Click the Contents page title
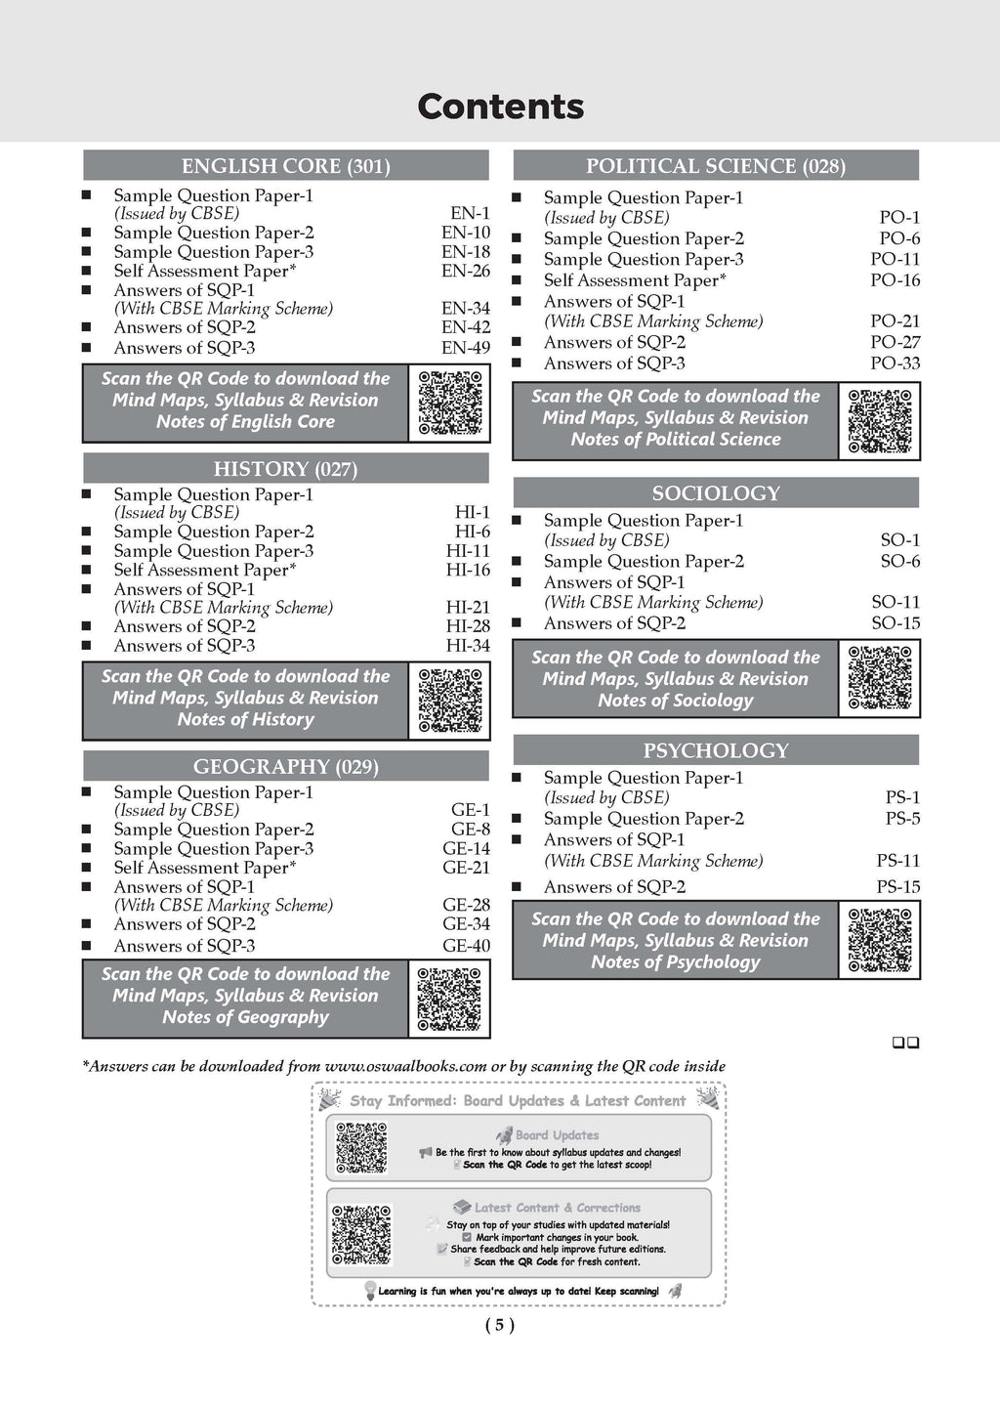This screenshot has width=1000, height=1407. tap(500, 107)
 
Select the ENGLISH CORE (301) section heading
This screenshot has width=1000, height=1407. tap(285, 166)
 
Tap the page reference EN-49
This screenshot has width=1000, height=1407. tap(466, 348)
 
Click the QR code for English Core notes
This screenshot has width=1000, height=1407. tap(450, 402)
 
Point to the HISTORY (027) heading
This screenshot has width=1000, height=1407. tap(285, 469)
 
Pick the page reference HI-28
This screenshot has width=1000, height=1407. tap(468, 626)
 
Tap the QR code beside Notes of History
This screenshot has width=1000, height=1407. tap(450, 700)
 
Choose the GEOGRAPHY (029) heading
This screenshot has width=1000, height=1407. tap(285, 767)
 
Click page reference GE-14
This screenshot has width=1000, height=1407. tap(466, 849)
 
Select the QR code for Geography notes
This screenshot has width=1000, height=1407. tap(449, 999)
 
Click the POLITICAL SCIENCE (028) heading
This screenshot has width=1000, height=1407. tap(716, 166)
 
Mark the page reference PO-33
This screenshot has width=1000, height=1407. tap(895, 363)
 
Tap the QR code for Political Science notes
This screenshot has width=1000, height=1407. tap(880, 421)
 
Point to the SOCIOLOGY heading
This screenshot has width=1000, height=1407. tap(716, 493)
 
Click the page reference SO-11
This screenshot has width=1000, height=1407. tap(896, 603)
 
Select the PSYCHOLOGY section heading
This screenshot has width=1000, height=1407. tap(716, 750)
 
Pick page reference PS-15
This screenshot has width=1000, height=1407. tap(897, 887)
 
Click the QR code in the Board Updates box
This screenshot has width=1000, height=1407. tap(361, 1148)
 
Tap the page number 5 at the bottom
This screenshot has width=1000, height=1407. tap(499, 1325)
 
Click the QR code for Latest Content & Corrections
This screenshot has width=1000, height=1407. tap(361, 1234)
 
